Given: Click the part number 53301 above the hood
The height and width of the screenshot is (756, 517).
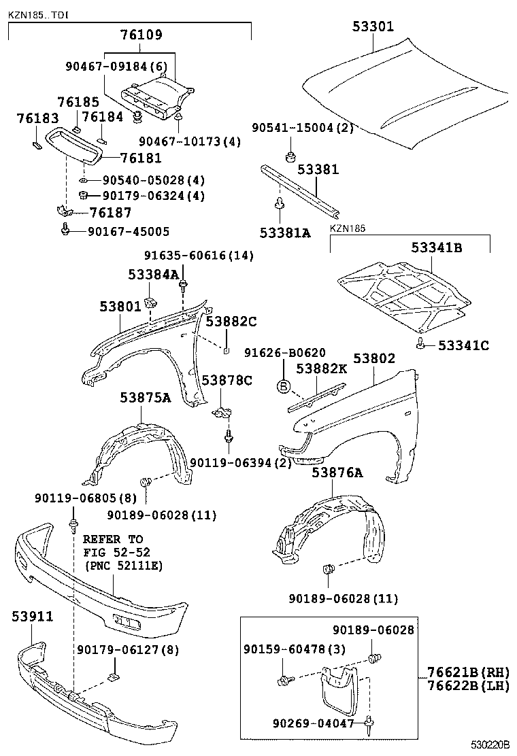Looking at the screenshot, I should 373,27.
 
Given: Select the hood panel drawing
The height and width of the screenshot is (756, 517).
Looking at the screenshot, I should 408,95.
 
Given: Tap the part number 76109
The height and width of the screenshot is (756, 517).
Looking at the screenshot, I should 141,35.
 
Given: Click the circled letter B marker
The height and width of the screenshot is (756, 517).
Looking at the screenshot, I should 284,387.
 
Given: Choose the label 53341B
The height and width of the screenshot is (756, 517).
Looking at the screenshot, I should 436,248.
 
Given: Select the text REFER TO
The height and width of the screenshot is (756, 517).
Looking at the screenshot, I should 113,539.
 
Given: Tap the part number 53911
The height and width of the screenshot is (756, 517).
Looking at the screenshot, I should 32,616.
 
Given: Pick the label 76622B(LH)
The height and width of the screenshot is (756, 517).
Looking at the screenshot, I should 468,686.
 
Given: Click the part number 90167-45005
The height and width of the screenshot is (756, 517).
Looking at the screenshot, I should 129,231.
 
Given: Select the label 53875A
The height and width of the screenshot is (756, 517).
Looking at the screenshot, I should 146,398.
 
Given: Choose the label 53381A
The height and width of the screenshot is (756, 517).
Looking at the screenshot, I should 284,233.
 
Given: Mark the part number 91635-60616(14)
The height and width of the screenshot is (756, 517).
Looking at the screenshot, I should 189,256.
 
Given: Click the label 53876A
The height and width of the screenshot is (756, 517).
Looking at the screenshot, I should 337,472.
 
